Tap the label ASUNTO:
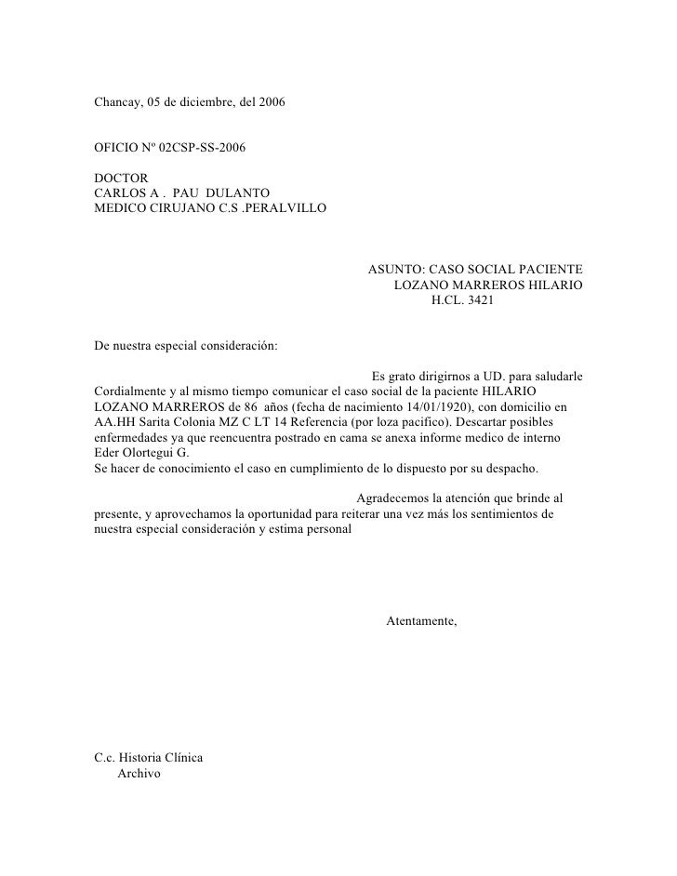395,269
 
